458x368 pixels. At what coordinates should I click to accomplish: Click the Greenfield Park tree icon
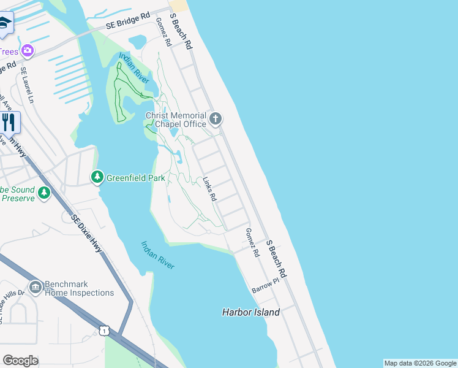[97, 178]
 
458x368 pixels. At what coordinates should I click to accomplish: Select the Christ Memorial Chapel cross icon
[215, 118]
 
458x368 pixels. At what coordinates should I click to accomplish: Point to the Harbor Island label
[250, 312]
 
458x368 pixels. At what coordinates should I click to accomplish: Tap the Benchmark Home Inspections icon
[35, 287]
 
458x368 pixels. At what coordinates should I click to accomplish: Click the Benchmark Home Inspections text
[79, 288]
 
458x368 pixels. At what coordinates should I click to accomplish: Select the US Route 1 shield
[104, 331]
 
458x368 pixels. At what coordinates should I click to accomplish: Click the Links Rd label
[209, 190]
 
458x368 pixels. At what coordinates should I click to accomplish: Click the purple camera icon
[27, 50]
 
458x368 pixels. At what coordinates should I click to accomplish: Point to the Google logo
[20, 361]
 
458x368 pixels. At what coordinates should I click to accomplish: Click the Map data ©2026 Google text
[420, 363]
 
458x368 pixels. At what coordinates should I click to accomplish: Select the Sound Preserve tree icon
[43, 193]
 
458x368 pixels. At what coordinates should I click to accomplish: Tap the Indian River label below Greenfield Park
[158, 255]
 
